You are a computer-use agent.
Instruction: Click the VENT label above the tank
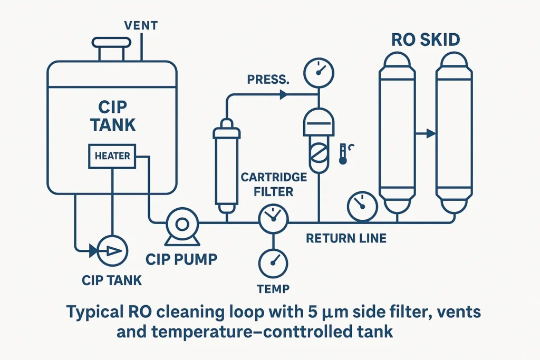[141, 25]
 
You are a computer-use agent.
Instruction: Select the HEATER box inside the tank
[112, 156]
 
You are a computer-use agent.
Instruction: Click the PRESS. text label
[268, 81]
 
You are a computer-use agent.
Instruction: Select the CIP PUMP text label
[181, 259]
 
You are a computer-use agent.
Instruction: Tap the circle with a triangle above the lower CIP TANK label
[113, 250]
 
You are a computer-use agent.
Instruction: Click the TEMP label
[273, 288]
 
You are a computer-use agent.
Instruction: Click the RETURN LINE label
[346, 239]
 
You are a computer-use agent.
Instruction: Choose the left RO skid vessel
[397, 134]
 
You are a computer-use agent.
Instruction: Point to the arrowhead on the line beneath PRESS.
[283, 95]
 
